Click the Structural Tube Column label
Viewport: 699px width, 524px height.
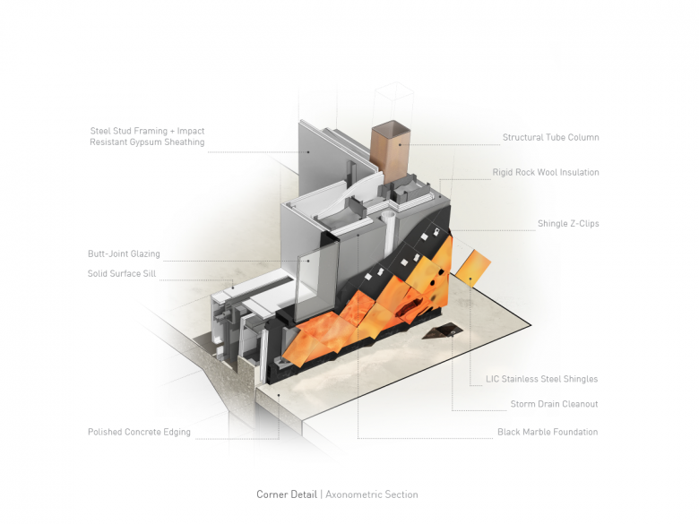[550, 138]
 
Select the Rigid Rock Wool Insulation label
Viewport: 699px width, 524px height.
[545, 172]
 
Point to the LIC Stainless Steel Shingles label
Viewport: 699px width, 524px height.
[541, 379]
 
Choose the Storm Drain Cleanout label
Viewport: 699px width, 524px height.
[554, 404]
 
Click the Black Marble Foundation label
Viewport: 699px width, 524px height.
[547, 432]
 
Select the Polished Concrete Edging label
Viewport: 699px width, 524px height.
[139, 432]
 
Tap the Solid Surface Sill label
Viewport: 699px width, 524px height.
[123, 274]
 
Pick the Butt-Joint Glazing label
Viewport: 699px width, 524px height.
[124, 254]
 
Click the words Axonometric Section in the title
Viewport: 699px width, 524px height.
[371, 494]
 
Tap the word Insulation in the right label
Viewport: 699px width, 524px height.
[577, 172]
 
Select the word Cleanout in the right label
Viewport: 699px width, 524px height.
[578, 404]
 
